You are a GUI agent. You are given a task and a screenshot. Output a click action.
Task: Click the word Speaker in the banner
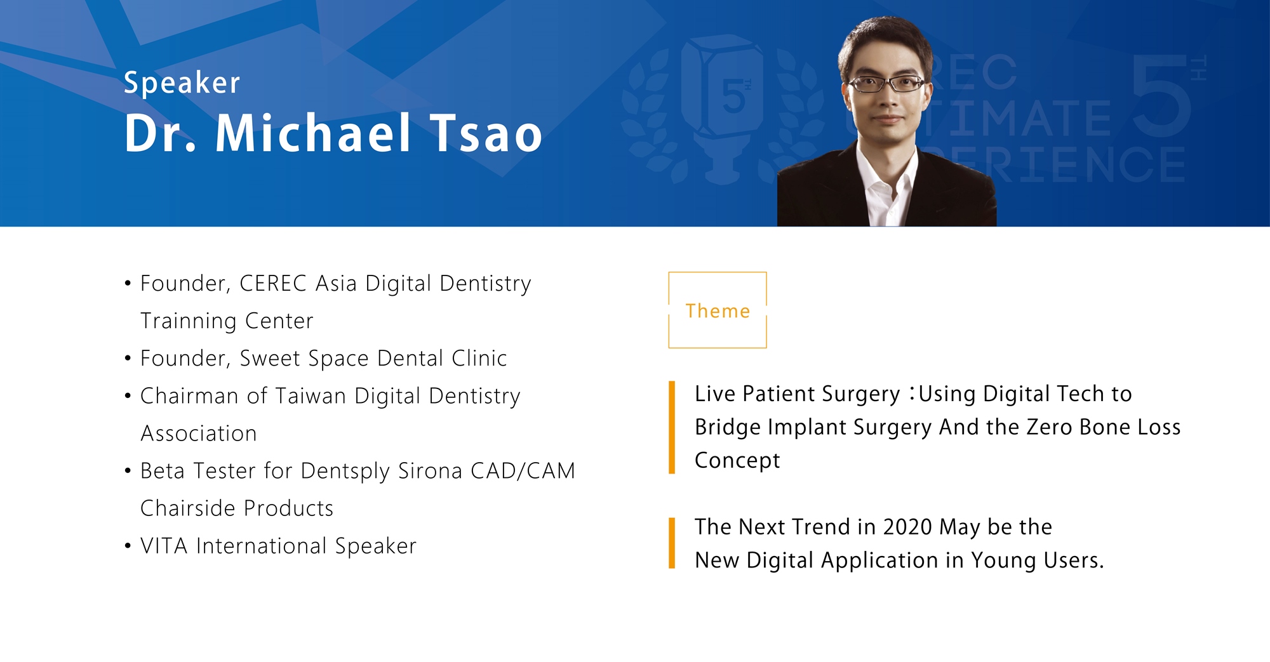tap(182, 83)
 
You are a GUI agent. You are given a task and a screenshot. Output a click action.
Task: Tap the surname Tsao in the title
tap(486, 133)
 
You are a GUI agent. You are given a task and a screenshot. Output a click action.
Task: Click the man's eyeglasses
tap(886, 83)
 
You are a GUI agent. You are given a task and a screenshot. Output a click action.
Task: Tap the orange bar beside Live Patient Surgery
tap(672, 427)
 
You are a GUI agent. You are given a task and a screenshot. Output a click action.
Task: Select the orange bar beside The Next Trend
tap(672, 543)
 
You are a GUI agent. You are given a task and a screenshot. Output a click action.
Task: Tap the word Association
tap(199, 434)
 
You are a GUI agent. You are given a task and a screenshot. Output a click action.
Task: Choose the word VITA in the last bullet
tap(164, 546)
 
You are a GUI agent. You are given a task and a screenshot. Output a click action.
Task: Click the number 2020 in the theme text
tap(907, 527)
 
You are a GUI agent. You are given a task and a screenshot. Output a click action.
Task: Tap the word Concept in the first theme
tap(737, 461)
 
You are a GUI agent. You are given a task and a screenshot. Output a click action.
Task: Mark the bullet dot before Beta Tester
tap(128, 472)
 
